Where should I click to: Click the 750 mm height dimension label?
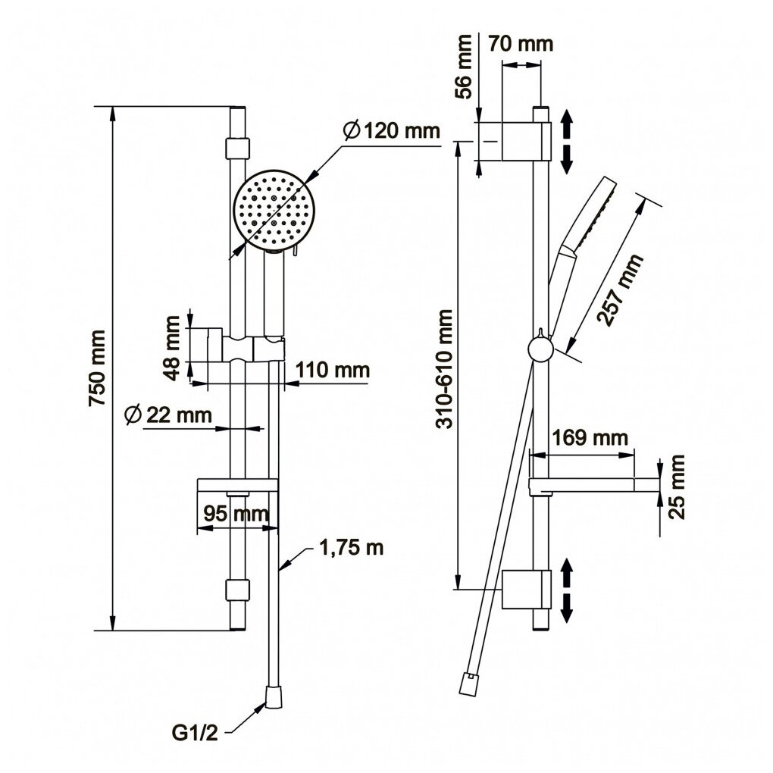pyautogui.click(x=97, y=368)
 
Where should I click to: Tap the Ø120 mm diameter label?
pyautogui.click(x=391, y=130)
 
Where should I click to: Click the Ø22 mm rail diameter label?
pyautogui.click(x=167, y=415)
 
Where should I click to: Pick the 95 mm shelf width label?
pyautogui.click(x=236, y=513)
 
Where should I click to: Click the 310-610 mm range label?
pyautogui.click(x=445, y=368)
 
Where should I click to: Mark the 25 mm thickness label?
pyautogui.click(x=678, y=486)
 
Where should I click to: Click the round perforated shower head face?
pyautogui.click(x=272, y=211)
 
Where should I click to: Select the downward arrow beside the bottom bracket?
pyautogui.click(x=566, y=606)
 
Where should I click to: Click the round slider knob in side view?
pyautogui.click(x=540, y=349)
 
